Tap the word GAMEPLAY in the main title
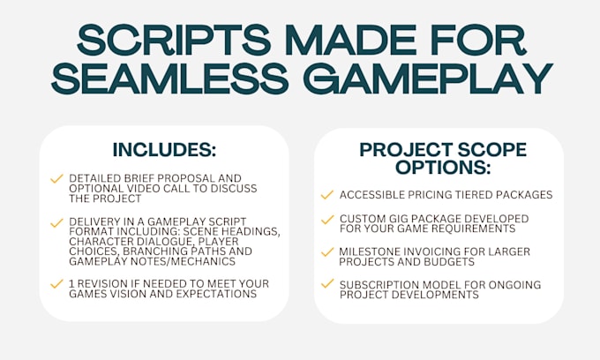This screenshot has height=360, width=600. point(428,79)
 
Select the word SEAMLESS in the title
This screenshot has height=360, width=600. point(170,79)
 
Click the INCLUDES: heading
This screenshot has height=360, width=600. point(164,150)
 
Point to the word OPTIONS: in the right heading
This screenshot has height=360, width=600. point(443,167)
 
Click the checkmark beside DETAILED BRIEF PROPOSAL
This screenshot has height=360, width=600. point(56,178)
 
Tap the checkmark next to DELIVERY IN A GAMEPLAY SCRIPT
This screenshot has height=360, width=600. point(56,222)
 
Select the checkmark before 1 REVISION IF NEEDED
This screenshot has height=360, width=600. point(56,284)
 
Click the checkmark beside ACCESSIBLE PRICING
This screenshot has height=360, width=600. point(327,195)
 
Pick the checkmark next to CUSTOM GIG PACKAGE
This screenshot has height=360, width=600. point(327,220)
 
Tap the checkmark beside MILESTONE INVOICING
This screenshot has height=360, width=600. point(327,252)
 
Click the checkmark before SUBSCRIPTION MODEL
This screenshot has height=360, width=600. point(327,283)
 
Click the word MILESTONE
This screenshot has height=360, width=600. point(367,251)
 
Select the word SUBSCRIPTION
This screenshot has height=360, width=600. point(373,285)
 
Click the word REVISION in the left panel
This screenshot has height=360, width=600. point(101,284)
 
